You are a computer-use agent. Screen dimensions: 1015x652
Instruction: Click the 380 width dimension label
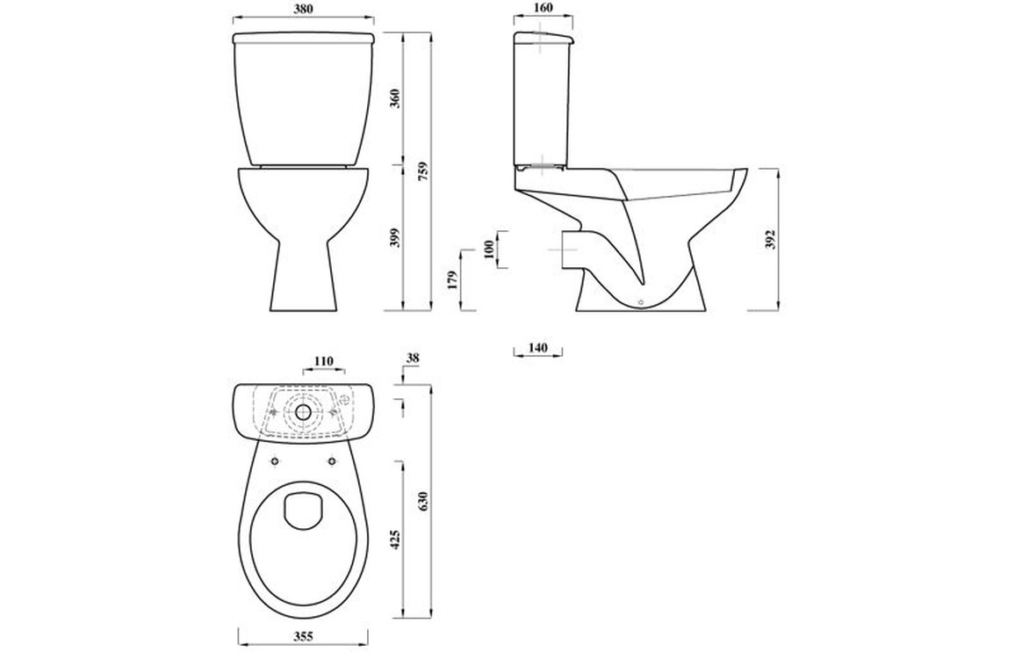click(303, 9)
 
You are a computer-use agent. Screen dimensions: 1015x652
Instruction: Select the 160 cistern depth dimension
click(543, 8)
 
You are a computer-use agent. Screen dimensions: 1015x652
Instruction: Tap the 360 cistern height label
click(397, 98)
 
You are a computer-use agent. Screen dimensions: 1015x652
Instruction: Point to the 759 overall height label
click(422, 170)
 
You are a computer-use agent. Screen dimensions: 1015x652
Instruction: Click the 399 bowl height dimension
click(397, 238)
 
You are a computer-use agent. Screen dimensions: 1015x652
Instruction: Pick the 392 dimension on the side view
click(770, 239)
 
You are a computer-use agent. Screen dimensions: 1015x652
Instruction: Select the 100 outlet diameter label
click(489, 250)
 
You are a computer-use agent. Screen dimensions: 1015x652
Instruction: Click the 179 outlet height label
click(452, 279)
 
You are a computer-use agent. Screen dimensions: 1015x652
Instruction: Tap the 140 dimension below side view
click(537, 348)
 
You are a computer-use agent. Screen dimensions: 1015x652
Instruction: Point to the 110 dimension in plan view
click(324, 361)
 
